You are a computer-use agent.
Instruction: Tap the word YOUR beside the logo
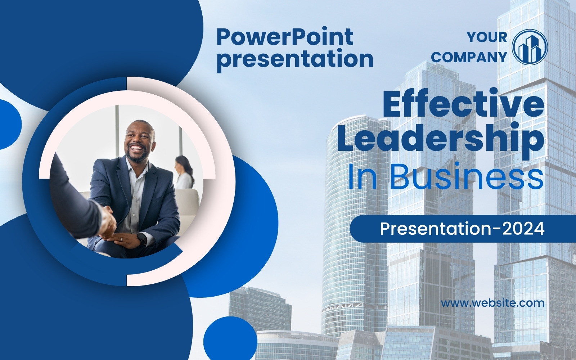tap(487, 37)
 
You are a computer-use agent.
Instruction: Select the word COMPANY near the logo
tap(469, 57)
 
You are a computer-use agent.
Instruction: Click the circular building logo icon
tap(530, 47)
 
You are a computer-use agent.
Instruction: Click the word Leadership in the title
tap(441, 139)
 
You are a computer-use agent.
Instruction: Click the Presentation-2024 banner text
tap(462, 229)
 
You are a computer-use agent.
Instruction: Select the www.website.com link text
tap(493, 303)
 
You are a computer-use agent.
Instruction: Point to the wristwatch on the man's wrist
tap(141, 239)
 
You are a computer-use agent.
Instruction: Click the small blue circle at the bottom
tap(230, 341)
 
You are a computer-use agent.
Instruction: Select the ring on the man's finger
tap(122, 239)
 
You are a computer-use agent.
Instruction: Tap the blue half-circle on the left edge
tap(10, 125)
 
